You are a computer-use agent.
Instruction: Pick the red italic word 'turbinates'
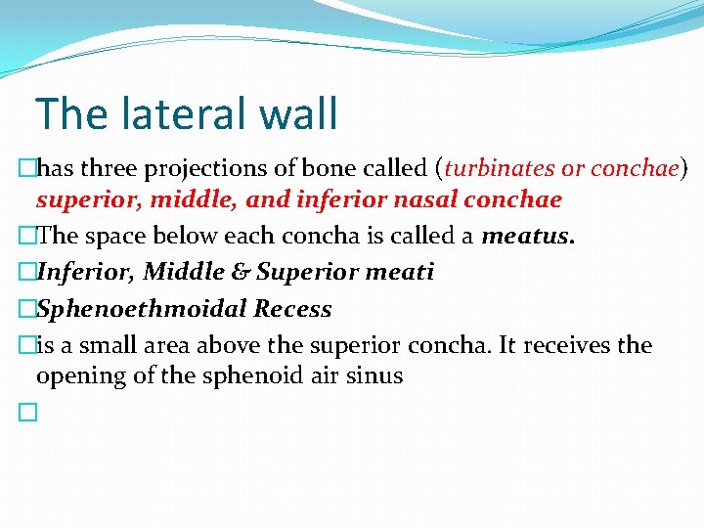pos(499,169)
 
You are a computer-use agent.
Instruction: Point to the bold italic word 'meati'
pos(401,273)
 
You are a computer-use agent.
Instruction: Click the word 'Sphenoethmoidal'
pos(142,309)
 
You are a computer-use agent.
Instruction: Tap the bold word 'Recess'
pos(292,309)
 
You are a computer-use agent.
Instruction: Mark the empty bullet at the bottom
pos(26,414)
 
